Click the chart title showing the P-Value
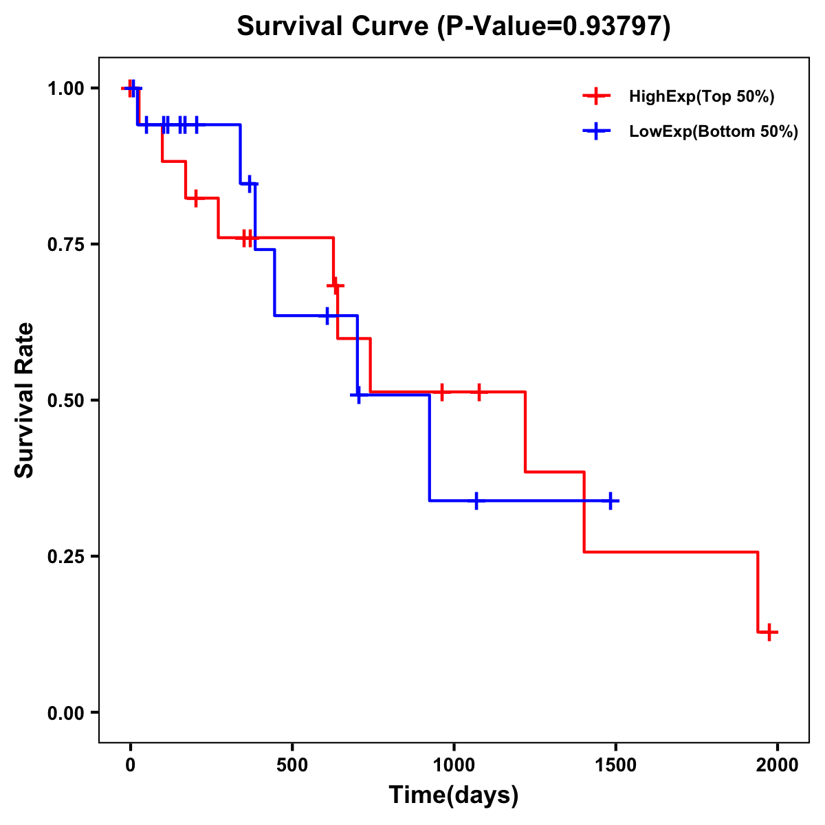tap(453, 27)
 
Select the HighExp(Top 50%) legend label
tap(701, 97)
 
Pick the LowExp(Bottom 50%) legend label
tap(714, 132)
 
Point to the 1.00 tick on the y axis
tap(65, 88)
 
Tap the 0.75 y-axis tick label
tap(65, 244)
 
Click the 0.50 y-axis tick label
tap(65, 400)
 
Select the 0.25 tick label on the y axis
tap(65, 556)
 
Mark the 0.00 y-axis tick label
tap(65, 712)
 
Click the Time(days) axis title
tap(454, 795)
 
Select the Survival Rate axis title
tap(25, 399)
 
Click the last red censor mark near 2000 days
tap(769, 632)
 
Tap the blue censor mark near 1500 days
tap(609, 500)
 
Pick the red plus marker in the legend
tap(596, 97)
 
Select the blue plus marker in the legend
tap(596, 132)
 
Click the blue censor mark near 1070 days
tap(476, 500)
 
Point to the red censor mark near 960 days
tap(442, 391)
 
